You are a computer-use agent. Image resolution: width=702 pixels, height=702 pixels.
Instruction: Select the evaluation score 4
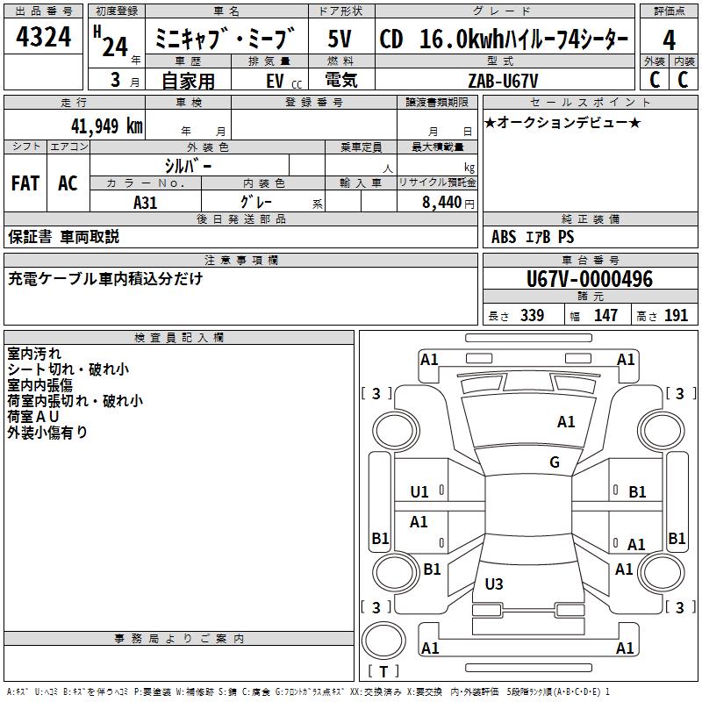[x=669, y=40]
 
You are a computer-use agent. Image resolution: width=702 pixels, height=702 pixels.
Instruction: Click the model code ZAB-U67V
[x=504, y=79]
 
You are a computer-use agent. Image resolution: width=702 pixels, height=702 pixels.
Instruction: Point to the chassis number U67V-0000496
[x=589, y=279]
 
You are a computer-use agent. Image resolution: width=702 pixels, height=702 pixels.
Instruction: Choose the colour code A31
[x=146, y=202]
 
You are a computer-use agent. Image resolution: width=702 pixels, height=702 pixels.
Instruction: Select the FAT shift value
[x=25, y=183]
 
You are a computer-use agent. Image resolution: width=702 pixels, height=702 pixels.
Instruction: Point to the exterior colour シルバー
[x=188, y=165]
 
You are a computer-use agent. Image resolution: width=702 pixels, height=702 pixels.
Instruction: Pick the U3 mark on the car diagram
[x=494, y=584]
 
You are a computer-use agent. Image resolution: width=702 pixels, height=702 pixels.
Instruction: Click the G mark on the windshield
[x=555, y=462]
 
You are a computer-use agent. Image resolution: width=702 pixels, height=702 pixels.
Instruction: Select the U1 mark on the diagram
[x=419, y=492]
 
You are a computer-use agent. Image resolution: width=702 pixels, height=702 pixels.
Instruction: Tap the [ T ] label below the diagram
[x=386, y=671]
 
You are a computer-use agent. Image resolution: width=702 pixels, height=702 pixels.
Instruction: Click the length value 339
[x=532, y=316]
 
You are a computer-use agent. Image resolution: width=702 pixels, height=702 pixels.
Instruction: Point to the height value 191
[x=676, y=316]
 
